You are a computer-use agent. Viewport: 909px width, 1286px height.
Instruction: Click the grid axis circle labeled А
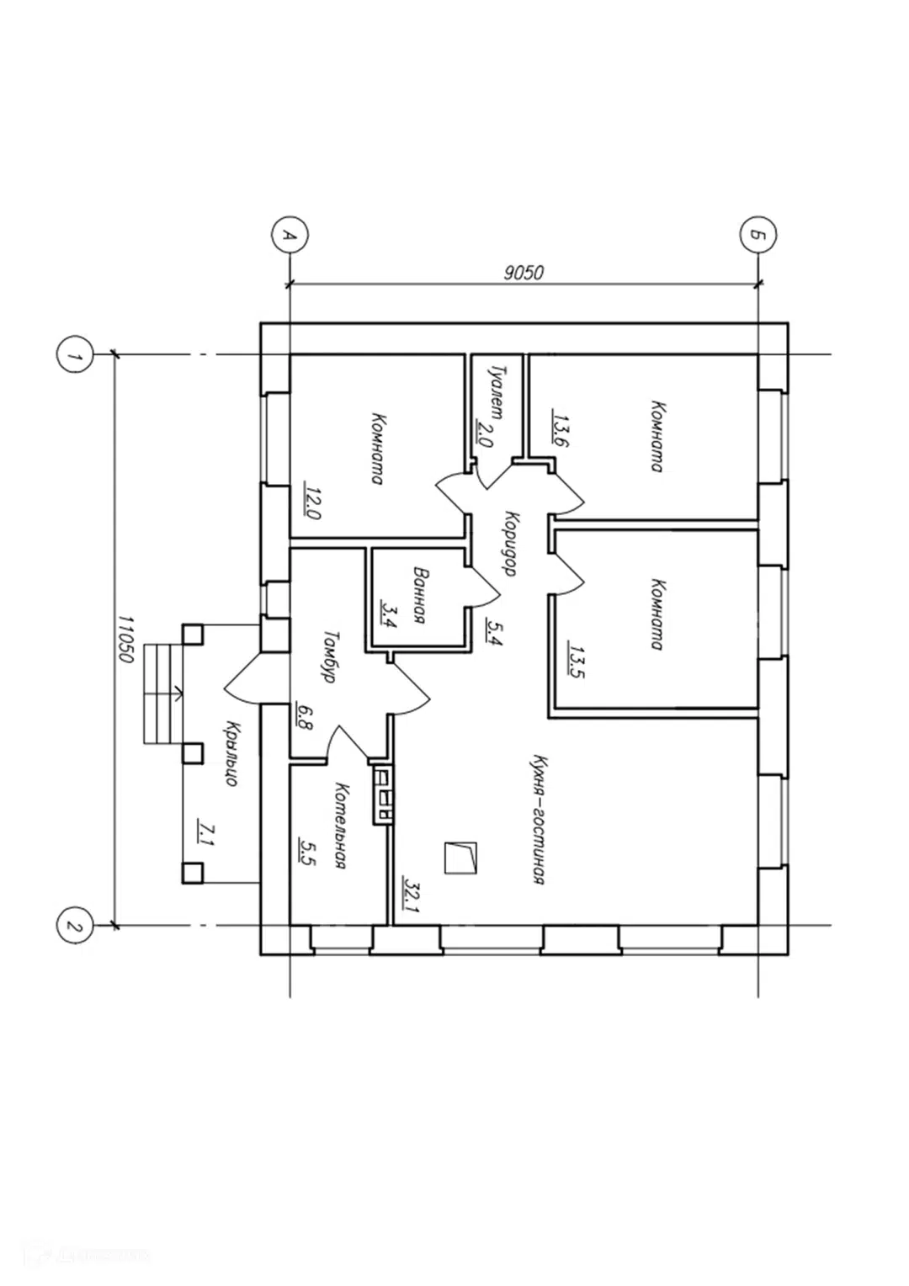(290, 235)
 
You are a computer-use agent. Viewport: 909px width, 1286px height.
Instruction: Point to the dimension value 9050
(523, 274)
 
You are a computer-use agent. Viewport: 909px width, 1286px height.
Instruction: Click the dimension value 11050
(125, 639)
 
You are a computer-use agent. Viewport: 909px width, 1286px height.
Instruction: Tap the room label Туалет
(496, 389)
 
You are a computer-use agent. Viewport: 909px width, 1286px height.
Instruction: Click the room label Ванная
(421, 596)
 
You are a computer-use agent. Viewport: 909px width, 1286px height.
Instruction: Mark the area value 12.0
(313, 502)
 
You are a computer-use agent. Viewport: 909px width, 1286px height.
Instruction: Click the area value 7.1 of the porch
(204, 832)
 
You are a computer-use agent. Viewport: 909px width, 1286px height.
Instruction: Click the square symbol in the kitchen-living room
(461, 858)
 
